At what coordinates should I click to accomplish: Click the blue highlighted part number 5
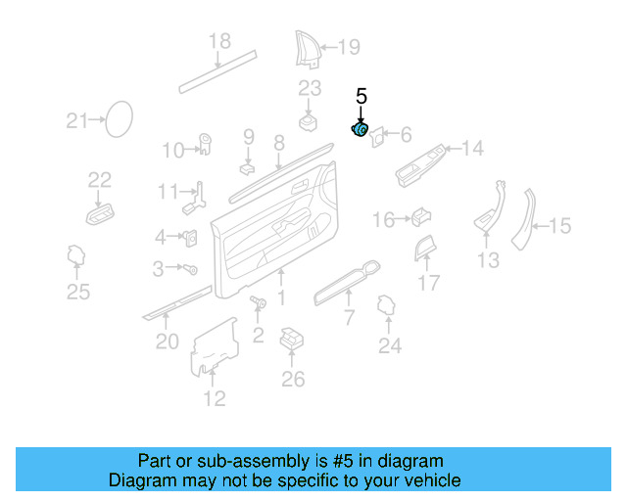click(360, 129)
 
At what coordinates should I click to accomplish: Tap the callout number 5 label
click(361, 96)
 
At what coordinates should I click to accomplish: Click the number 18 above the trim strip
click(219, 41)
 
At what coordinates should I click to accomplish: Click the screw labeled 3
click(191, 268)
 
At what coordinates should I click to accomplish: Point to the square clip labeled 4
click(190, 237)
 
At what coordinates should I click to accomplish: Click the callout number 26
click(293, 379)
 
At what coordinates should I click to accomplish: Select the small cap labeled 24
click(386, 309)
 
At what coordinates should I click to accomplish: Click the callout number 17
click(429, 284)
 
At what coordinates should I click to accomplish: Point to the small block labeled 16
click(421, 216)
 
